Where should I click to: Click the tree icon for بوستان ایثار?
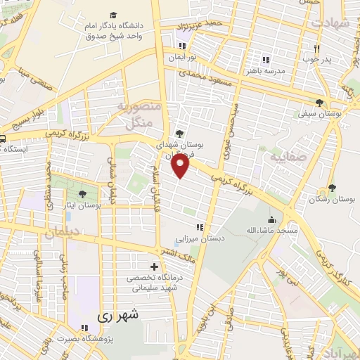pyautogui.click(x=83, y=193)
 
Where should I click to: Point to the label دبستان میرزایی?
pyautogui.click(x=200, y=239)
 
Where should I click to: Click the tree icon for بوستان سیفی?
pyautogui.click(x=320, y=102)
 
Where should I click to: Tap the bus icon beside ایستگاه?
pyautogui.click(x=3, y=138)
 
